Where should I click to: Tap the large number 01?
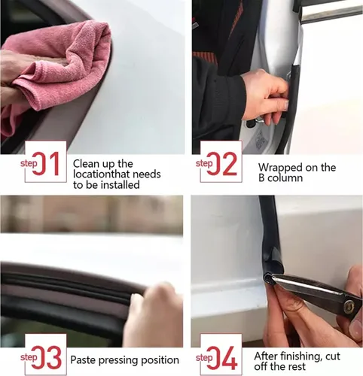coord(46,164)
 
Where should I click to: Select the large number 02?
coord(222,164)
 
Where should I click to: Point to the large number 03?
coord(47,357)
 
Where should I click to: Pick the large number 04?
coord(222,357)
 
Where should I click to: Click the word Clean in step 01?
coord(85,164)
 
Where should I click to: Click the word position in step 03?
coord(160,360)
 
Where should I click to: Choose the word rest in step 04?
coord(297,366)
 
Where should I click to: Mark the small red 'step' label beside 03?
coord(29,357)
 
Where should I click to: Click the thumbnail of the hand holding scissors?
coord(277,271)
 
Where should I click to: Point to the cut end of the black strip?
coord(267,277)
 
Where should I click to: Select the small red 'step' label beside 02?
coord(204,163)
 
